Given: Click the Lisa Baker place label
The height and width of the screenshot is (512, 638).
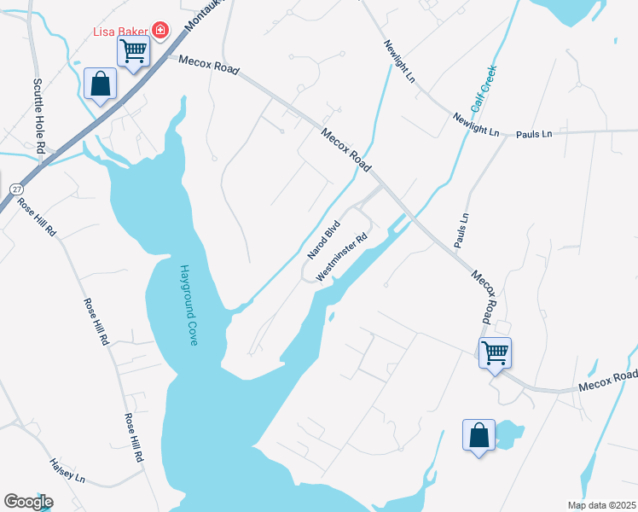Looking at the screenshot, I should [121, 32].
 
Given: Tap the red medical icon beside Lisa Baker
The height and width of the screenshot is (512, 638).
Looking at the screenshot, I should [159, 32].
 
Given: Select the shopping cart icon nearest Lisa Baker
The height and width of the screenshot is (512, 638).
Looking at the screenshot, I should [133, 51].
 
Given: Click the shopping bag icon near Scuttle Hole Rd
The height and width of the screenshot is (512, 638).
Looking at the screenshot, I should [101, 84].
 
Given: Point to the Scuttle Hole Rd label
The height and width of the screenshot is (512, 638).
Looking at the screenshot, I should [39, 116].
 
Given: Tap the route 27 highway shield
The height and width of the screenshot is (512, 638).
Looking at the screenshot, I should [16, 189].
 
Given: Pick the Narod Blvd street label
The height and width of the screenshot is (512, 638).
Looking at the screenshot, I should [324, 241].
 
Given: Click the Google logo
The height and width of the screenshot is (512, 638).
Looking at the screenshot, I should [28, 502].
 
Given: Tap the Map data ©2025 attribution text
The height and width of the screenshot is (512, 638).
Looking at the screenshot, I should [600, 505].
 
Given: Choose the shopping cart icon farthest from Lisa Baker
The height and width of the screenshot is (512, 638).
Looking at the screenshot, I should [495, 352].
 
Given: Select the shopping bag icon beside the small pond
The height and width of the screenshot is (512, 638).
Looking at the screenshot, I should [478, 435].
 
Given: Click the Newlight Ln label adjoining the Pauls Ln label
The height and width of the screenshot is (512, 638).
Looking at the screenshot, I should [476, 124].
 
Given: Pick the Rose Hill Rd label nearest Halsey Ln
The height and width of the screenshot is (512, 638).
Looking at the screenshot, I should [133, 439].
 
